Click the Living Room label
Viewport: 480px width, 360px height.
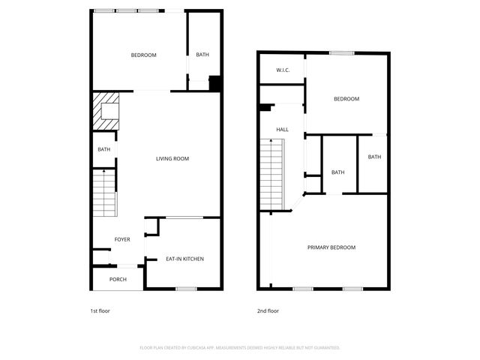tap(172, 158)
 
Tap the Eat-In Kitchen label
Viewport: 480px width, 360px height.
tap(184, 259)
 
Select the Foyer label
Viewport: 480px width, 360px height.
tap(122, 239)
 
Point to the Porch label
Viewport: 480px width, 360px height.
tap(118, 280)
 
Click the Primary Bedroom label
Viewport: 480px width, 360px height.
tap(331, 247)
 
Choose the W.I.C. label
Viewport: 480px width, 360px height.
tap(283, 70)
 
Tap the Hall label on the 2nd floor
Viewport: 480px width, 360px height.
tap(282, 130)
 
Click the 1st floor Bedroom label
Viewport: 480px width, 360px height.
tap(143, 55)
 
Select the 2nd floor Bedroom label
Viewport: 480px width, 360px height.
tap(346, 99)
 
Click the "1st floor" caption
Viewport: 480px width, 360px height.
tap(100, 310)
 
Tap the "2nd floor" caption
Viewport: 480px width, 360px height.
tap(268, 310)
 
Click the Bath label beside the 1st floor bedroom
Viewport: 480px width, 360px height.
tap(202, 55)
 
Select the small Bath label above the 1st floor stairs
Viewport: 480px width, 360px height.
tap(103, 149)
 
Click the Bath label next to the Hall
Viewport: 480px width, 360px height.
tap(337, 172)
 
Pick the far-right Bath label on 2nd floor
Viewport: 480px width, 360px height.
tap(373, 157)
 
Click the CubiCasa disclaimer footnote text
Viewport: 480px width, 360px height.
tap(240, 347)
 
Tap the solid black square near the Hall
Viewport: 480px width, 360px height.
tap(264, 107)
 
